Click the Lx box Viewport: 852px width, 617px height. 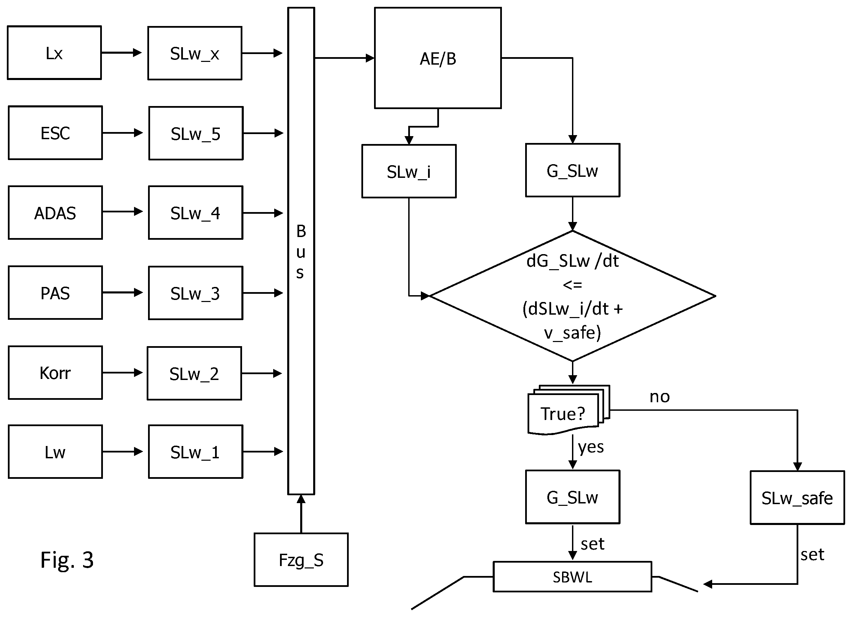54,53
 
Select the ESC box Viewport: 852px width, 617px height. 55,133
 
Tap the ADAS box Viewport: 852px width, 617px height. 55,213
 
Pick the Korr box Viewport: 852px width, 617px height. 55,373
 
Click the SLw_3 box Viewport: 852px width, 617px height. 196,293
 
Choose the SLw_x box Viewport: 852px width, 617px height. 195,53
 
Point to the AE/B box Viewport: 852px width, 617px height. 438,58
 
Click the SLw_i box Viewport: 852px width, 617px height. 409,171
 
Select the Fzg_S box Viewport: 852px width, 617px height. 301,560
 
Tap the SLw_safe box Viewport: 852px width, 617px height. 797,498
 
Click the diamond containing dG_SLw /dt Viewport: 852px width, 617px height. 573,296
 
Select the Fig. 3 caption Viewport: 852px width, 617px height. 67,560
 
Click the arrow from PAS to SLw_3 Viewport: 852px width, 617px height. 122,292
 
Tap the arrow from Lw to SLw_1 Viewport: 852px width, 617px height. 122,451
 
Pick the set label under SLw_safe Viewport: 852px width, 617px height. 812,555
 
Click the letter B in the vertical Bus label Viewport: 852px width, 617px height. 301,231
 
